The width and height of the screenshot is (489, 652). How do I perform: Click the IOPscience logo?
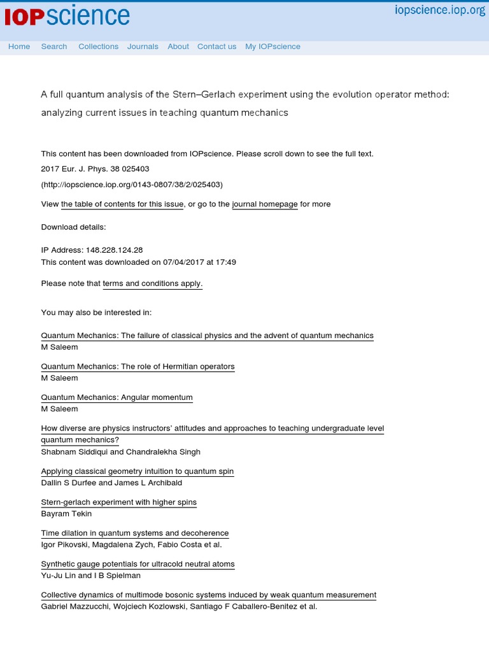(x=67, y=17)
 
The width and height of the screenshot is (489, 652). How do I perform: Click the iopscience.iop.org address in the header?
(x=440, y=10)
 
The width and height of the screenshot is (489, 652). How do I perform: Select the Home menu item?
(x=19, y=46)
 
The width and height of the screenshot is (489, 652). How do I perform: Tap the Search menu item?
(x=54, y=46)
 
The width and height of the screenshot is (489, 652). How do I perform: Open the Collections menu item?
(x=98, y=46)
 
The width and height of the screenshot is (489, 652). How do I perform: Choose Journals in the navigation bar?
(x=143, y=46)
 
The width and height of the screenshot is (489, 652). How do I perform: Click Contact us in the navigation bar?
(x=216, y=46)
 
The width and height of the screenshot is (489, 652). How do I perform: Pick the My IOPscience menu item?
(x=273, y=46)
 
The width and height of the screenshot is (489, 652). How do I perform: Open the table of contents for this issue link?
(x=122, y=204)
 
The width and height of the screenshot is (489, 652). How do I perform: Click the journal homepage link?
(x=265, y=204)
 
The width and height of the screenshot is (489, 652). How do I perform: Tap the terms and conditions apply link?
(x=153, y=284)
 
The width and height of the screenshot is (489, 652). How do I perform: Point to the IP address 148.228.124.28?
(x=118, y=250)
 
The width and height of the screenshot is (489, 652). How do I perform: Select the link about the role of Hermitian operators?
(x=138, y=367)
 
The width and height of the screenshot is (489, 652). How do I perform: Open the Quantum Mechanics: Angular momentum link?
(x=117, y=398)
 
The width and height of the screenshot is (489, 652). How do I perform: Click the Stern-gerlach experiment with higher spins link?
(x=119, y=502)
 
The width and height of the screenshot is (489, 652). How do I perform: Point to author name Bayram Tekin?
(x=66, y=514)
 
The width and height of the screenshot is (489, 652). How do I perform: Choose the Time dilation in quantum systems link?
(x=135, y=534)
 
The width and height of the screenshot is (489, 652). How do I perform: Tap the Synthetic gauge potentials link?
(x=138, y=564)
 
